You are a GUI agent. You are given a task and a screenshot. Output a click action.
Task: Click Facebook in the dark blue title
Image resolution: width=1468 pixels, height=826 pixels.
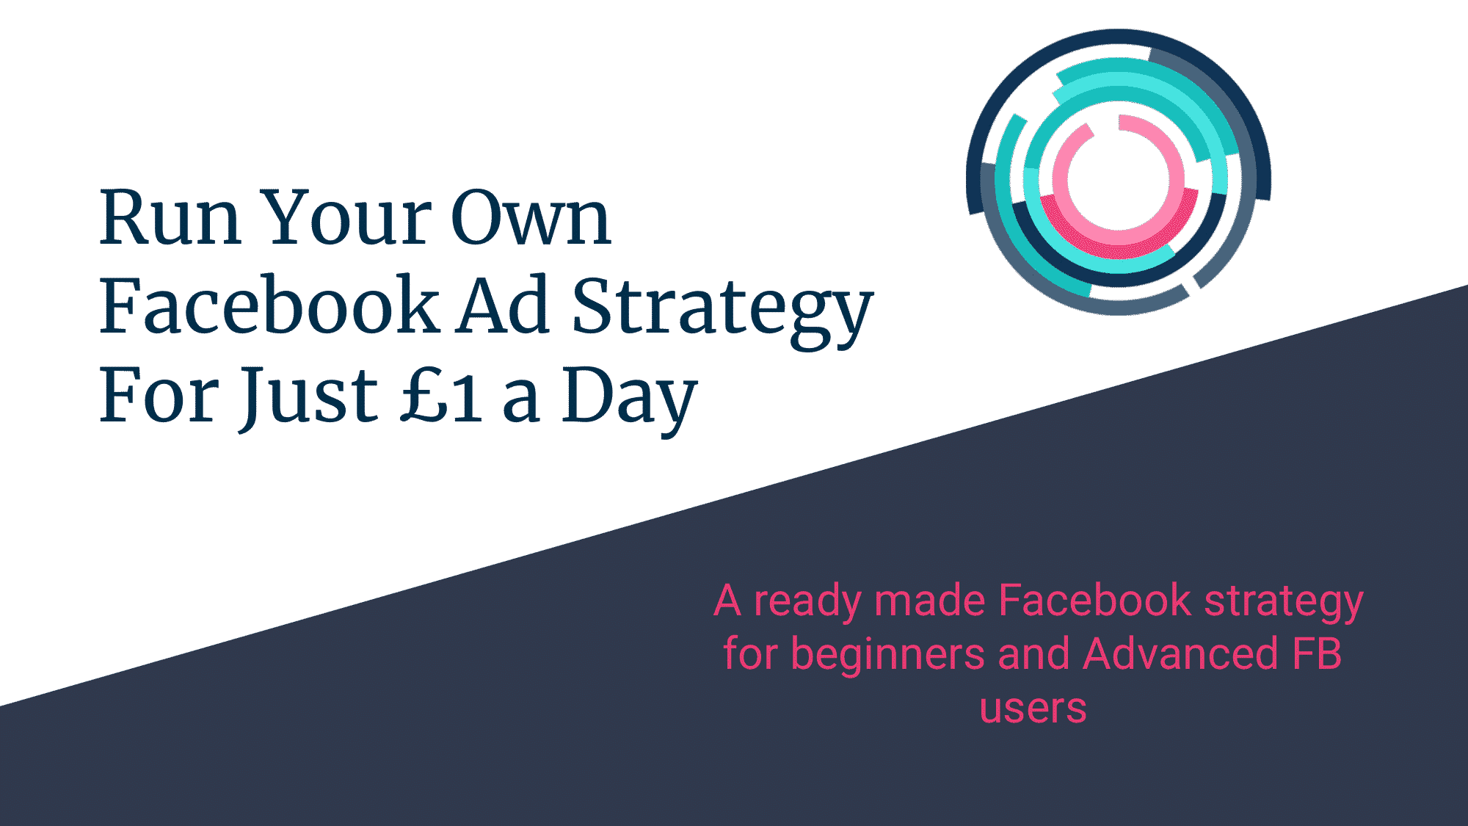click(x=269, y=305)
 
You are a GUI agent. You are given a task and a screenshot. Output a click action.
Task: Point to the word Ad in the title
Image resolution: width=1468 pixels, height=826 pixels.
click(x=504, y=305)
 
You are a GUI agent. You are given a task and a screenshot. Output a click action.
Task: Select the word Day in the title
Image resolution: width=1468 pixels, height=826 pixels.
click(x=629, y=400)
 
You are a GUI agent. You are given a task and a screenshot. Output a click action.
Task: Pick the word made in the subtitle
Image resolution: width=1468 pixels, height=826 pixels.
click(x=929, y=600)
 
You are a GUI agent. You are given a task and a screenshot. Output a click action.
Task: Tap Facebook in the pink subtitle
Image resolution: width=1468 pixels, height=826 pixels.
click(x=1094, y=600)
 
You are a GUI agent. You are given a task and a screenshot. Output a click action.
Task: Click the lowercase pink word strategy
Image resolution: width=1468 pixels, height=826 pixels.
click(x=1284, y=603)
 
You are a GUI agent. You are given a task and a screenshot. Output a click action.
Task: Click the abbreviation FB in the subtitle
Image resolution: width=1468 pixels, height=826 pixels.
click(x=1317, y=653)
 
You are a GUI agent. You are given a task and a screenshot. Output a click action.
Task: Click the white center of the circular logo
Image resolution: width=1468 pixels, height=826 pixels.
click(x=1118, y=181)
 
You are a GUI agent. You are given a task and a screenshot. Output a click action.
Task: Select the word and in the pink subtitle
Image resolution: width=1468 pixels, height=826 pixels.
click(x=1033, y=653)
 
